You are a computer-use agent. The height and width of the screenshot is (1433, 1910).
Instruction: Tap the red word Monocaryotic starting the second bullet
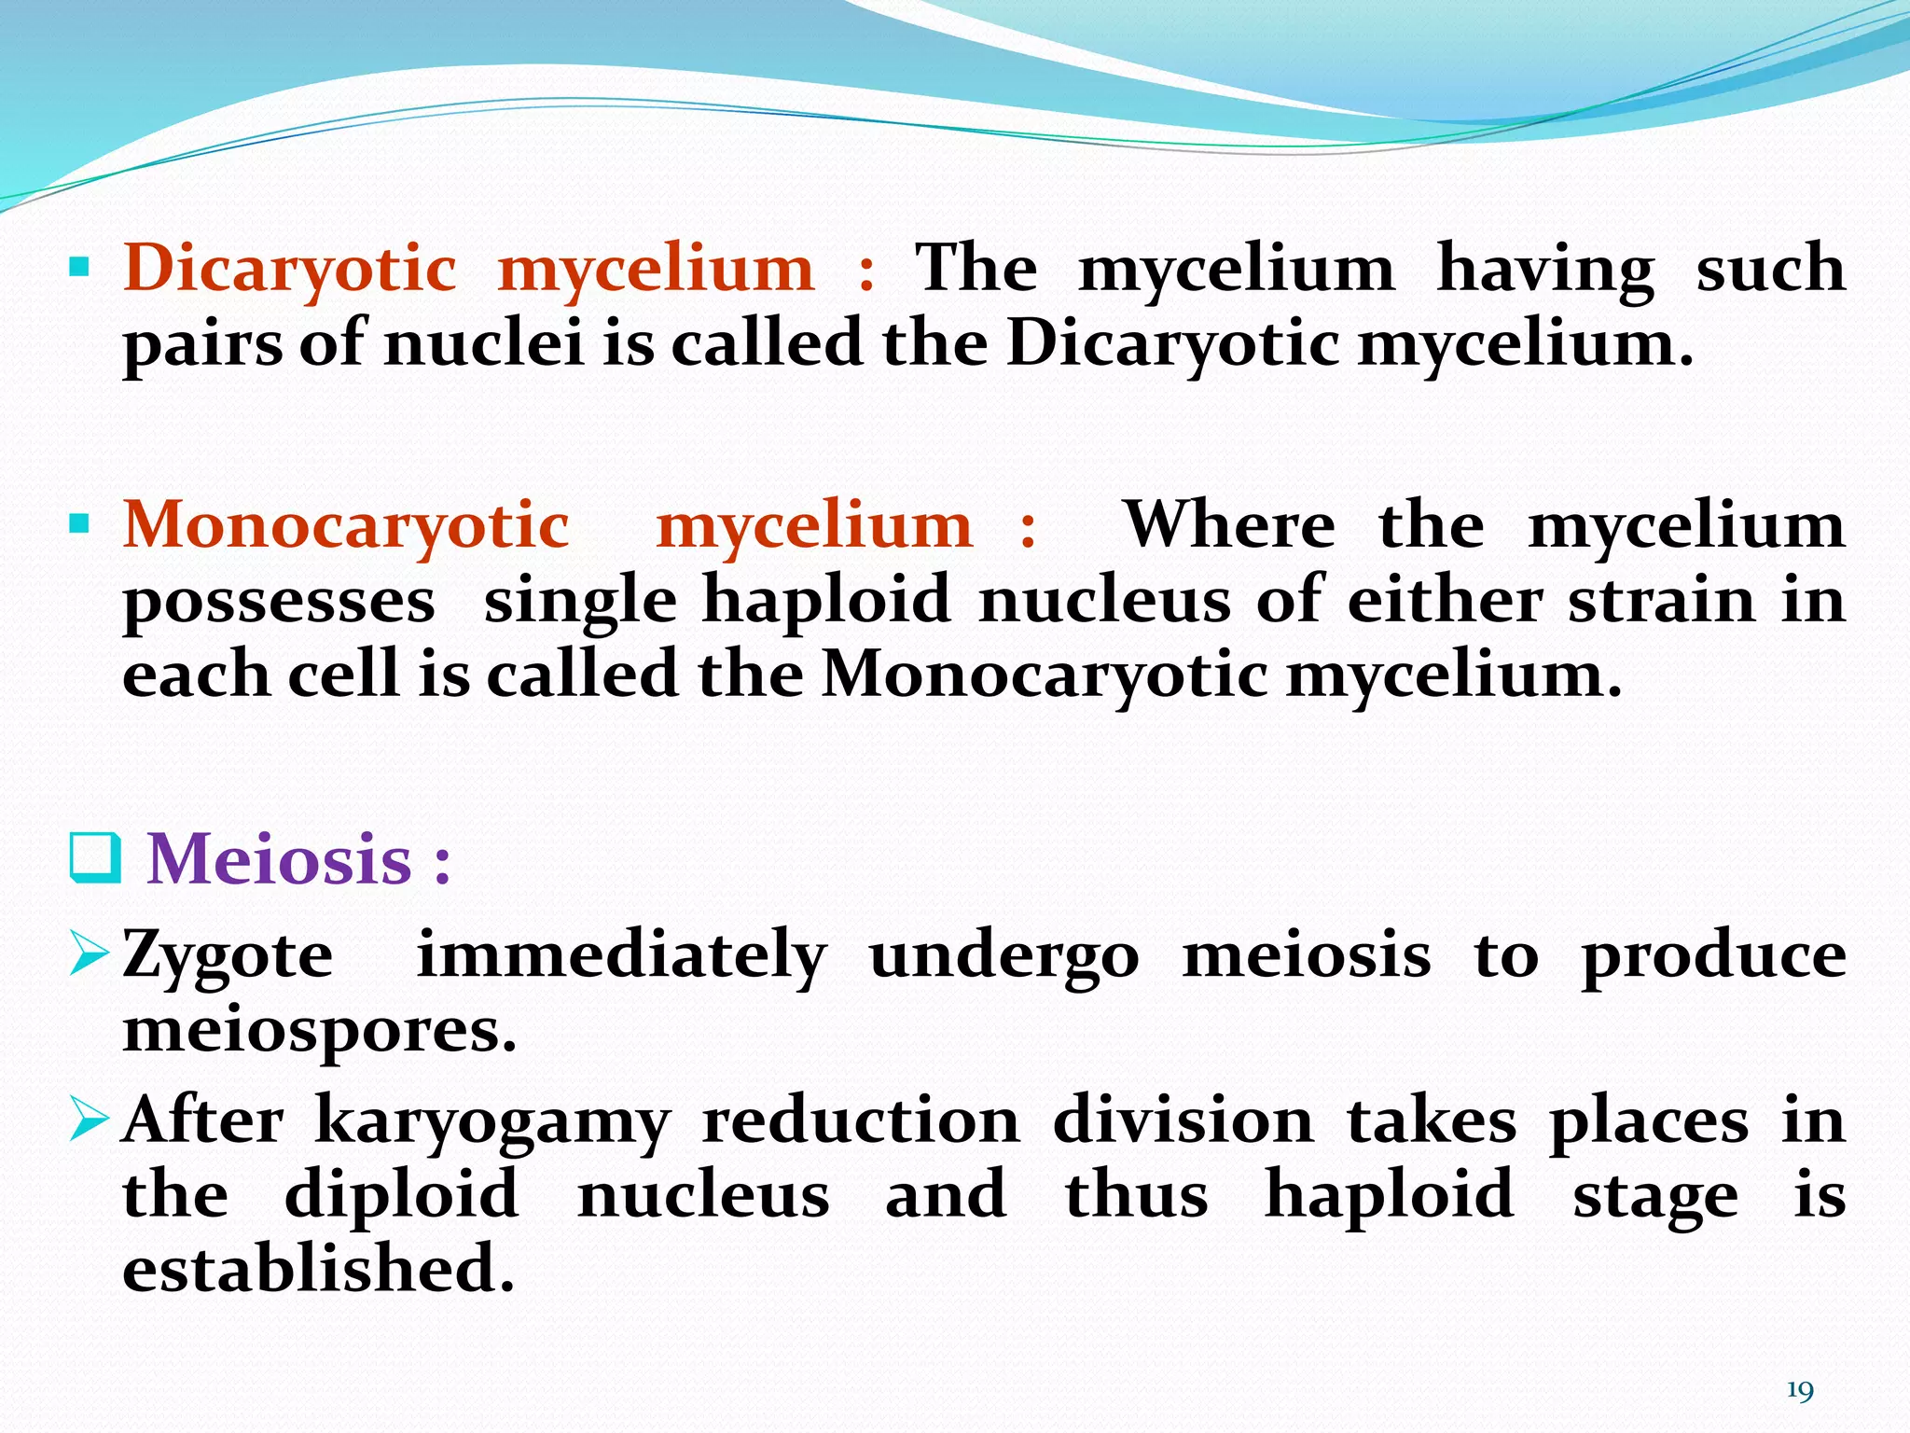coord(346,526)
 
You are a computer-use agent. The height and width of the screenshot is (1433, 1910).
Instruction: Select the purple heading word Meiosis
coord(280,859)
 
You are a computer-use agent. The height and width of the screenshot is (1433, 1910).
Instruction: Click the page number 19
coord(1799,1391)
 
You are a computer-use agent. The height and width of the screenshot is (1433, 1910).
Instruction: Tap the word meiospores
coord(319,1032)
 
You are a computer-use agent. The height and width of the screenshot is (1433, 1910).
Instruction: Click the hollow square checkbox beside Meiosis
coord(95,859)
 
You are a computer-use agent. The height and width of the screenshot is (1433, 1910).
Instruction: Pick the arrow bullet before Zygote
coord(90,955)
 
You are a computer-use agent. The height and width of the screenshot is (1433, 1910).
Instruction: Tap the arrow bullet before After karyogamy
coord(90,1119)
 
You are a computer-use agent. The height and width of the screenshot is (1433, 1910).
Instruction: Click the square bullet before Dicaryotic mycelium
coord(80,269)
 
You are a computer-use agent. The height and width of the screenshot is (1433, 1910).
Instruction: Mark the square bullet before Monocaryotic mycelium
coord(80,524)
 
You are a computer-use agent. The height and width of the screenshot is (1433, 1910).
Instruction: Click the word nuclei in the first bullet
coord(484,343)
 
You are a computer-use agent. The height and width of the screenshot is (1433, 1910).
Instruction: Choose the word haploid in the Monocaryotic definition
coord(826,601)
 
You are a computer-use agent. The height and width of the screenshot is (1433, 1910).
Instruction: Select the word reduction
coord(861,1120)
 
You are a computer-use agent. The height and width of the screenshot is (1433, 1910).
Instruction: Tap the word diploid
coord(401,1195)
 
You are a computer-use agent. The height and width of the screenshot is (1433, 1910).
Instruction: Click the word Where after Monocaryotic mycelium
coord(1229,526)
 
